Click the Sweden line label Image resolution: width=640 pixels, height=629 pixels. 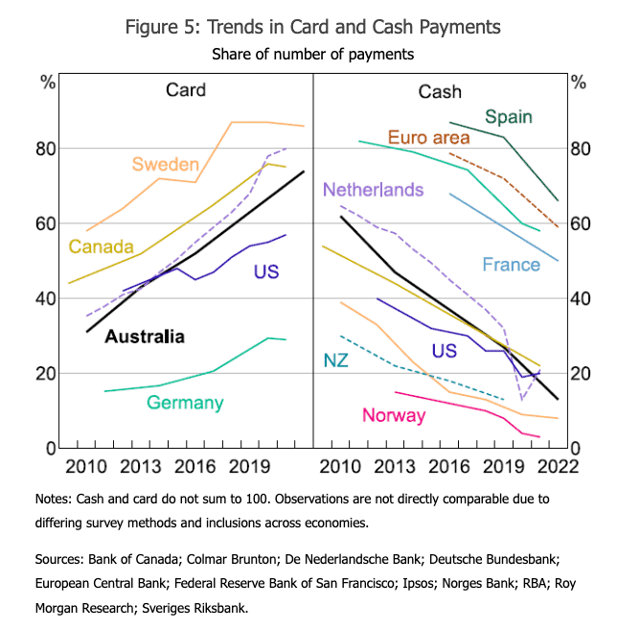point(166,164)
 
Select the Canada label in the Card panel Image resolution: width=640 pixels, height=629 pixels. point(101,247)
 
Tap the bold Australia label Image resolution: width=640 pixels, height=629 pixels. point(144,337)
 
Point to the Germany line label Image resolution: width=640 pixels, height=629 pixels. point(185,403)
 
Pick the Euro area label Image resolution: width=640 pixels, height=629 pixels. point(429,137)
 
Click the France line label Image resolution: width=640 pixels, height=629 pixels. point(511,264)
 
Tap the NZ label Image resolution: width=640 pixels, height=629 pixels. point(335,361)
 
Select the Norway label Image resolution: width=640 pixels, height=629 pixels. point(395,415)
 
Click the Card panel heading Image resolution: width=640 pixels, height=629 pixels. point(185,91)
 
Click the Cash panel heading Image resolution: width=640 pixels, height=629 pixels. point(440,92)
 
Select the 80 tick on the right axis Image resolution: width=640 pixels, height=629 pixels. point(583,150)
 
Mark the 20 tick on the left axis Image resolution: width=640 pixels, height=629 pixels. point(45,373)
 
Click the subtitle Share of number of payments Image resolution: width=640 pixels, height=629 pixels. point(312,54)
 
